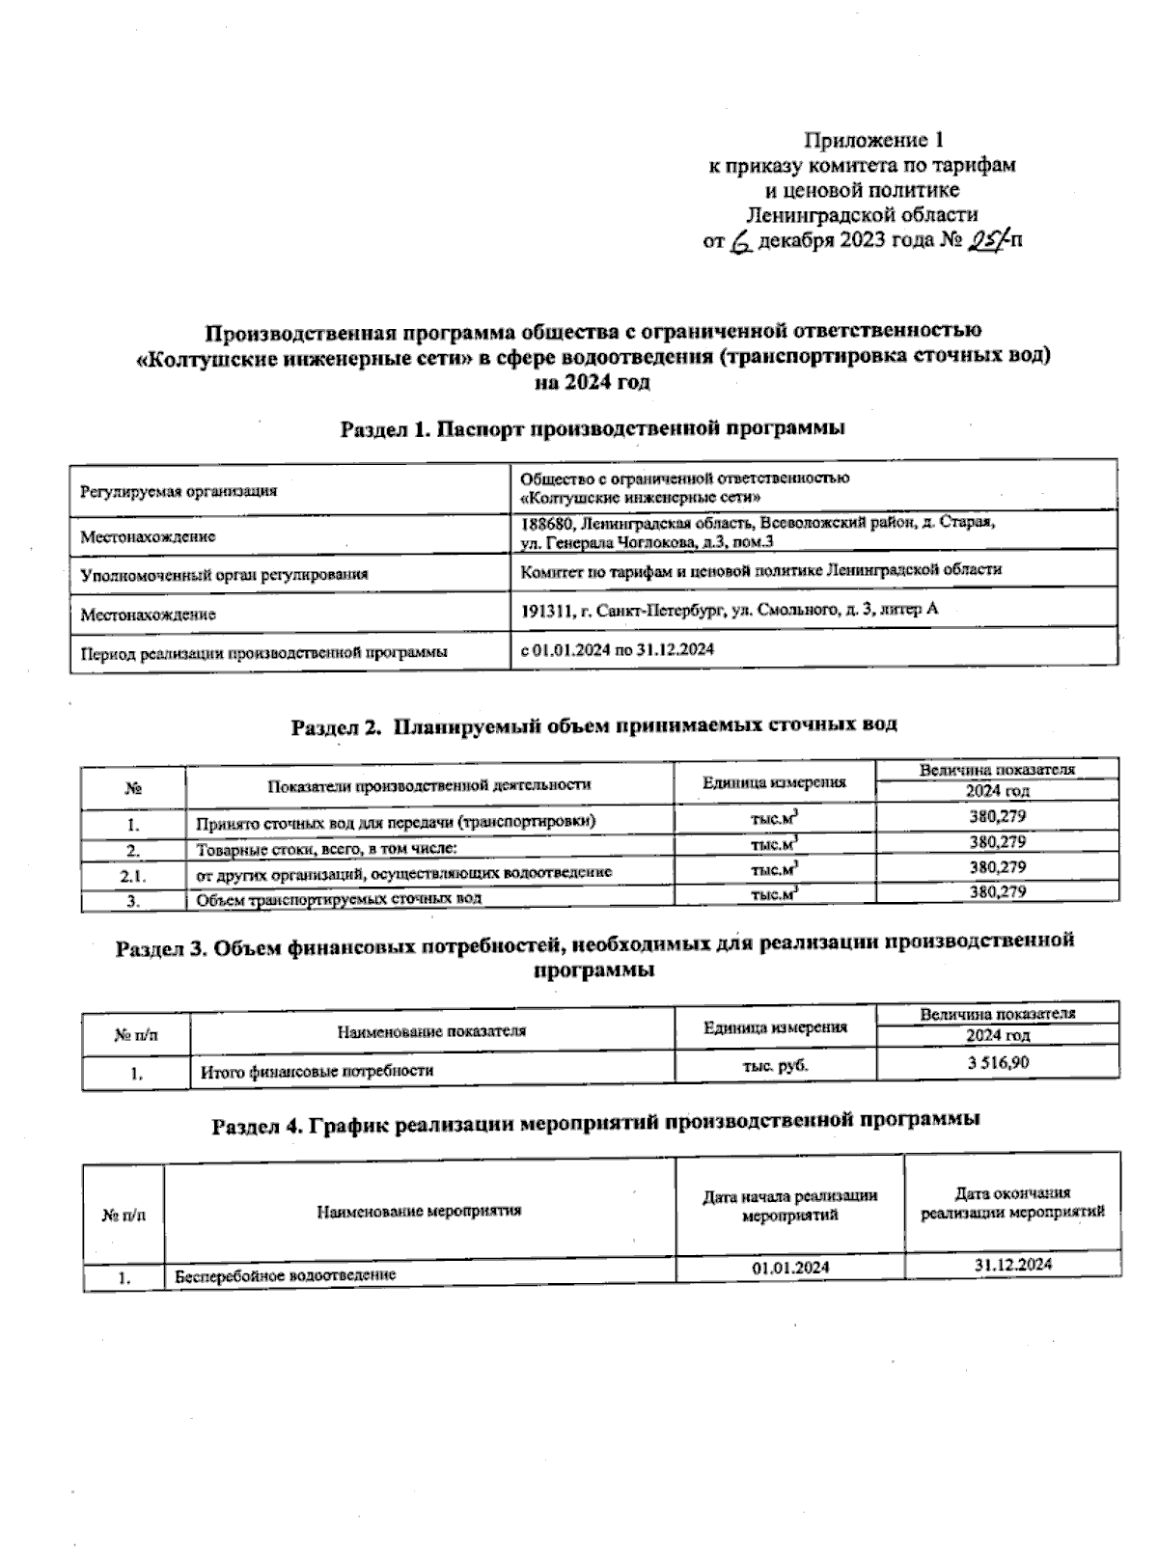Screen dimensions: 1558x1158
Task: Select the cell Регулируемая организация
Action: click(x=179, y=491)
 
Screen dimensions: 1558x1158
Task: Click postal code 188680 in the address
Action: click(x=547, y=523)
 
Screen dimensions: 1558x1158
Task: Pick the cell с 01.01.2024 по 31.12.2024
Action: click(x=618, y=650)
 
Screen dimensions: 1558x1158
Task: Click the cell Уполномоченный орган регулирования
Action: click(x=224, y=575)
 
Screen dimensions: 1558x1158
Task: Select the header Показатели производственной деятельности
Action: click(x=429, y=784)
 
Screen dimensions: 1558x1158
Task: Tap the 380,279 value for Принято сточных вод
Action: click(x=997, y=816)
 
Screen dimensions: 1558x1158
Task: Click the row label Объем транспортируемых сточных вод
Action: click(x=339, y=899)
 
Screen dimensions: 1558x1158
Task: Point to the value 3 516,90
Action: click(x=998, y=1064)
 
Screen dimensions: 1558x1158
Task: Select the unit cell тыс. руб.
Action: click(x=776, y=1065)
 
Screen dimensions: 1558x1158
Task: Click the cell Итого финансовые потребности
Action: click(x=317, y=1071)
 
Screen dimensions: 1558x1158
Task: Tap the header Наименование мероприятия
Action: click(x=419, y=1211)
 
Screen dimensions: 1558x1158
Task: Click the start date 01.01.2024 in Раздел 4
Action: click(x=790, y=1268)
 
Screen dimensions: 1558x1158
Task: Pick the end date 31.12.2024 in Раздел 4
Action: click(x=1012, y=1265)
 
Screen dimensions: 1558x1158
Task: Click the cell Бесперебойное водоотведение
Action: click(x=286, y=1275)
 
